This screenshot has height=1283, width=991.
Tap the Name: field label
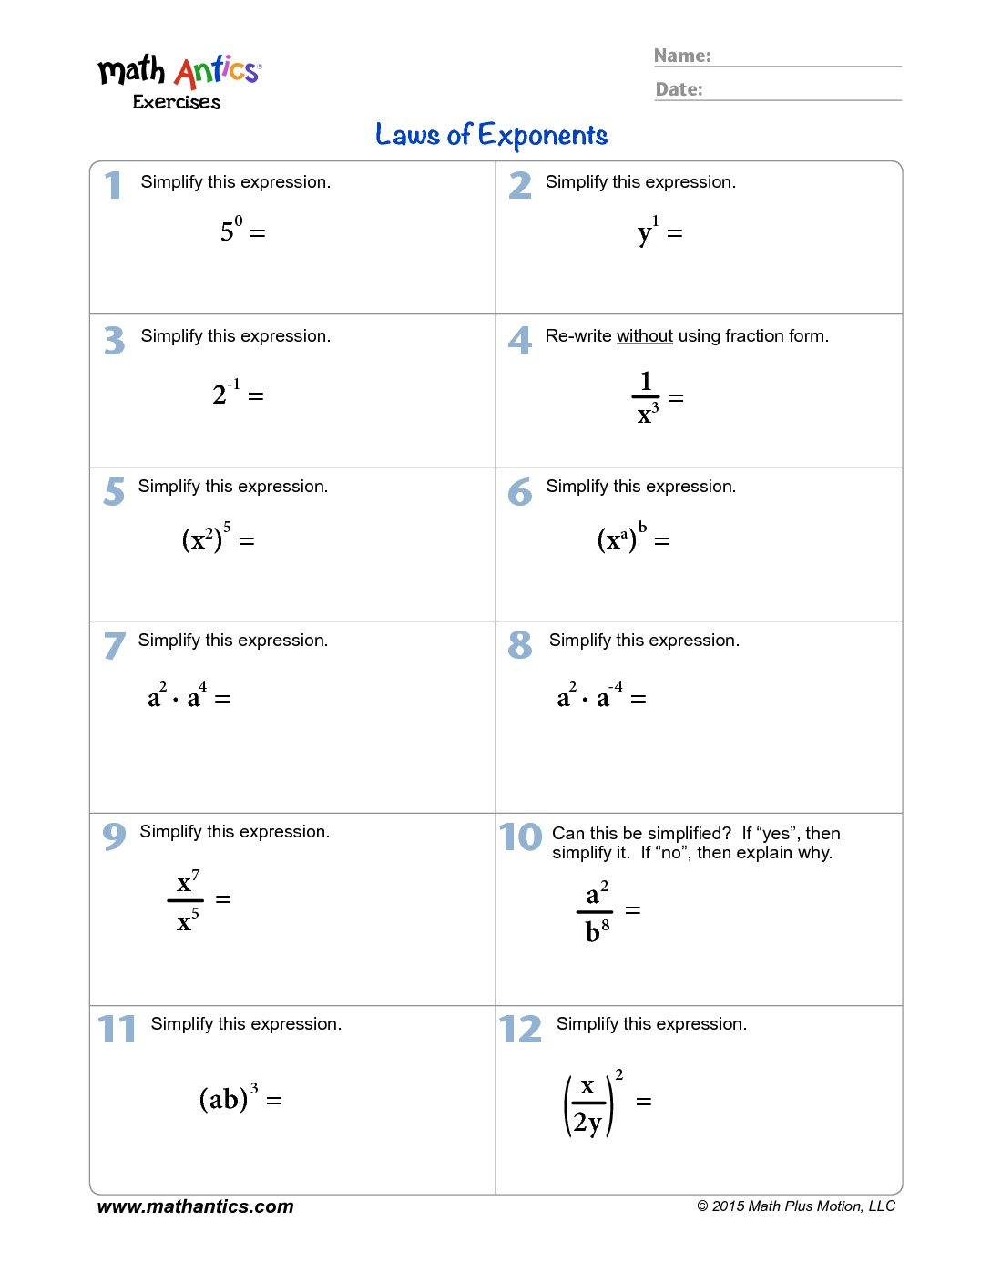point(682,56)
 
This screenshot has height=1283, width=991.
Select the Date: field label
point(679,89)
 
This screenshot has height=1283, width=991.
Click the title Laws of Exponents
point(492,136)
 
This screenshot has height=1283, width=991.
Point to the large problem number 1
point(113,185)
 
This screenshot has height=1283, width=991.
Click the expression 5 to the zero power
point(231,230)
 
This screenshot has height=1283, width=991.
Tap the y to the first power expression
point(648,231)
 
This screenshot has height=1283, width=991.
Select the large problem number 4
point(519,340)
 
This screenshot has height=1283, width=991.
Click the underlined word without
point(645,336)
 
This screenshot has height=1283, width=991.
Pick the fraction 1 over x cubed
point(646,398)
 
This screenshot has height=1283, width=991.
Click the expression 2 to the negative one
point(226,393)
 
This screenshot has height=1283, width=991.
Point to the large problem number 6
point(519,493)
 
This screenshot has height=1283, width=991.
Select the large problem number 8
point(519,645)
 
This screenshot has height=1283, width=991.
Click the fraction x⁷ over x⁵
point(187,900)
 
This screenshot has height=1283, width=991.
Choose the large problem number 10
point(520,837)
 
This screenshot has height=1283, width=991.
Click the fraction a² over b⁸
point(596,910)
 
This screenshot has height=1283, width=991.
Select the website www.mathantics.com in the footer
point(195,1206)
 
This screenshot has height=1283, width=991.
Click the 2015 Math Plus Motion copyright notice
point(796,1206)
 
